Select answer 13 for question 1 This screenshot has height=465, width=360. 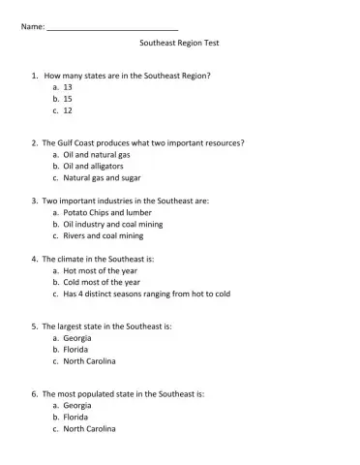pos(69,87)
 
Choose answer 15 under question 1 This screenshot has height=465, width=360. pos(69,99)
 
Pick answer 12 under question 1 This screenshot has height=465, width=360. pos(69,111)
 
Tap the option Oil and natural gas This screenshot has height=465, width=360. pos(97,155)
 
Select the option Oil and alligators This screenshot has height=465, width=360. pos(94,167)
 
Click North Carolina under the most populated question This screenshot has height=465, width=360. pos(89,429)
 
